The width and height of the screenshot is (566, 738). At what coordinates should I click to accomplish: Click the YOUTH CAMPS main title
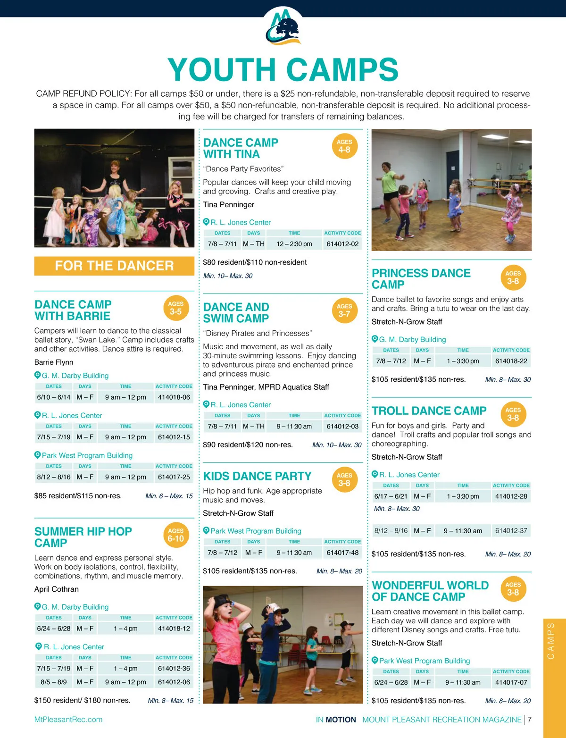point(283,70)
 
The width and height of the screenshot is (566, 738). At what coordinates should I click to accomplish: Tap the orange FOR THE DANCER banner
point(114,266)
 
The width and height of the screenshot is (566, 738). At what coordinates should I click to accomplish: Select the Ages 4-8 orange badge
point(344,146)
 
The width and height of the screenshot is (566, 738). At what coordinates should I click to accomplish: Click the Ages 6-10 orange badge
point(176,535)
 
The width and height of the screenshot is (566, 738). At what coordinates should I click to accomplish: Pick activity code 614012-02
point(342,244)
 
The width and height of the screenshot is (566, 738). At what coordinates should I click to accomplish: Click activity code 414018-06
point(174,397)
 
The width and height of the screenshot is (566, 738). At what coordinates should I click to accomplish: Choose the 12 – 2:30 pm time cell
point(294,244)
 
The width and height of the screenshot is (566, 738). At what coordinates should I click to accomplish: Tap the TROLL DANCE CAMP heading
point(429,411)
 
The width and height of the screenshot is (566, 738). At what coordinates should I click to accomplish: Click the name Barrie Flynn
point(54,362)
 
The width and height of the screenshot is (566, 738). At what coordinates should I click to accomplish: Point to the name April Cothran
point(57,589)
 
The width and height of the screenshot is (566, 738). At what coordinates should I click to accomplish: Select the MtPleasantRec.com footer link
point(68,720)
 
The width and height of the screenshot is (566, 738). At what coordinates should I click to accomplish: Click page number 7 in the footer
point(530,720)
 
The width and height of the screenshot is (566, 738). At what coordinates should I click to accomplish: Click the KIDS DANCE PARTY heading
point(258,477)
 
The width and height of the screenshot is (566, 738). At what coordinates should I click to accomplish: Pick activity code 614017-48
point(342,553)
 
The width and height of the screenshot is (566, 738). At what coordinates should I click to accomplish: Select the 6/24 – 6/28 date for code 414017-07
point(391,682)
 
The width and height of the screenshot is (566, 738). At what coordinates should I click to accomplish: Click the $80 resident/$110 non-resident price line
point(255,262)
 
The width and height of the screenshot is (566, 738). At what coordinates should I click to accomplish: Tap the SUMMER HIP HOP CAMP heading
point(83,537)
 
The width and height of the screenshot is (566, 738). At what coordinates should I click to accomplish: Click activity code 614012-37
point(511,531)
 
